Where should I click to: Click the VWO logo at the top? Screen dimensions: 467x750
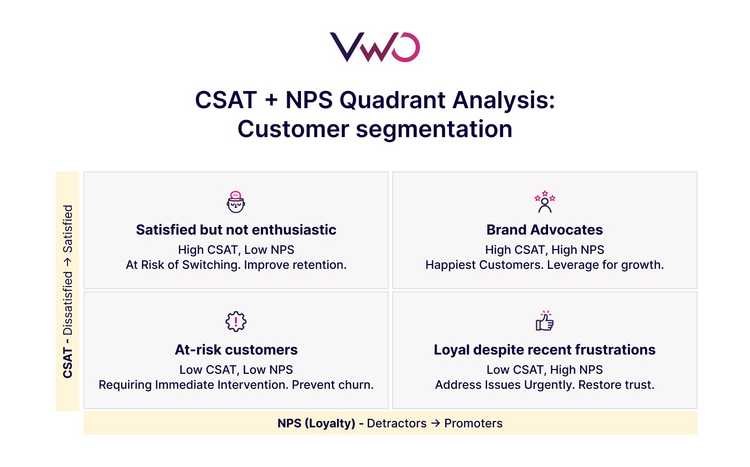coord(374,47)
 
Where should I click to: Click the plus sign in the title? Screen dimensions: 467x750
coord(271,100)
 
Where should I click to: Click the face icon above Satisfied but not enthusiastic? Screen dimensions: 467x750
coord(236,202)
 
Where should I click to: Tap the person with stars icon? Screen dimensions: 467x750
coord(545,202)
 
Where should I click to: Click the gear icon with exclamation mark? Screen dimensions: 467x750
coord(236,321)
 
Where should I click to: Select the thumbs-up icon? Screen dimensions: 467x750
coord(545,321)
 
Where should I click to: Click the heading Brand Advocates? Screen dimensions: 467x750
coord(544,230)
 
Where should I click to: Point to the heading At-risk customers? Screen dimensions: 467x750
coord(236,350)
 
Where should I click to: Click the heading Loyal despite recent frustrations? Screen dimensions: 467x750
coord(544,350)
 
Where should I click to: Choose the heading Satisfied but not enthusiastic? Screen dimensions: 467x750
coord(236,230)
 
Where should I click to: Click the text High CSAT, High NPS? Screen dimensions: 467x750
coord(544,250)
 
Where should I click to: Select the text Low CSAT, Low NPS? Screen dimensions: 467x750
coord(236,370)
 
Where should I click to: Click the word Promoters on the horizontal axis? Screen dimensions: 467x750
coord(474,423)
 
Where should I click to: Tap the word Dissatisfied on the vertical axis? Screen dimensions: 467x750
coord(67,303)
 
